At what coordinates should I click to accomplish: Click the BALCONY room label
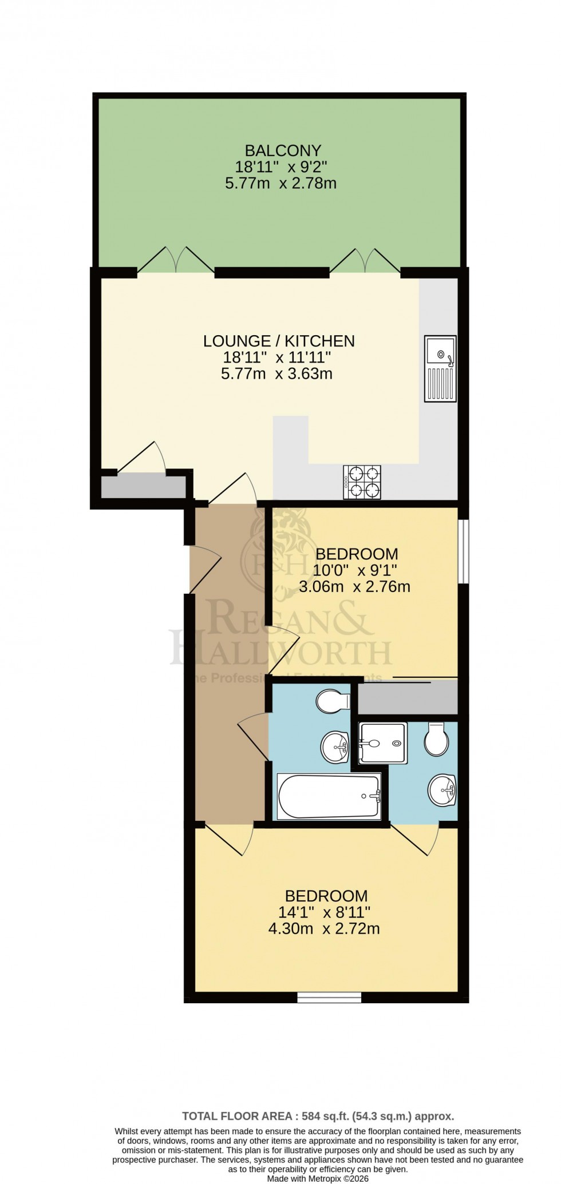(x=283, y=151)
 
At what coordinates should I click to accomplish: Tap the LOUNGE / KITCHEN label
(x=279, y=341)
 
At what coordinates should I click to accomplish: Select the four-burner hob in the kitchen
(x=362, y=482)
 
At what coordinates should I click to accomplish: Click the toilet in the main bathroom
(x=333, y=701)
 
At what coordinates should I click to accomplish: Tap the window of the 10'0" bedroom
(x=465, y=551)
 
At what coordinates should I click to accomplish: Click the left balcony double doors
(x=176, y=261)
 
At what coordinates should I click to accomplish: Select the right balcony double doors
(x=365, y=261)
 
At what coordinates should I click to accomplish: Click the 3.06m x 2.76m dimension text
(x=355, y=586)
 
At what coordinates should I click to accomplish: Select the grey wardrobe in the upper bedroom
(x=406, y=698)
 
